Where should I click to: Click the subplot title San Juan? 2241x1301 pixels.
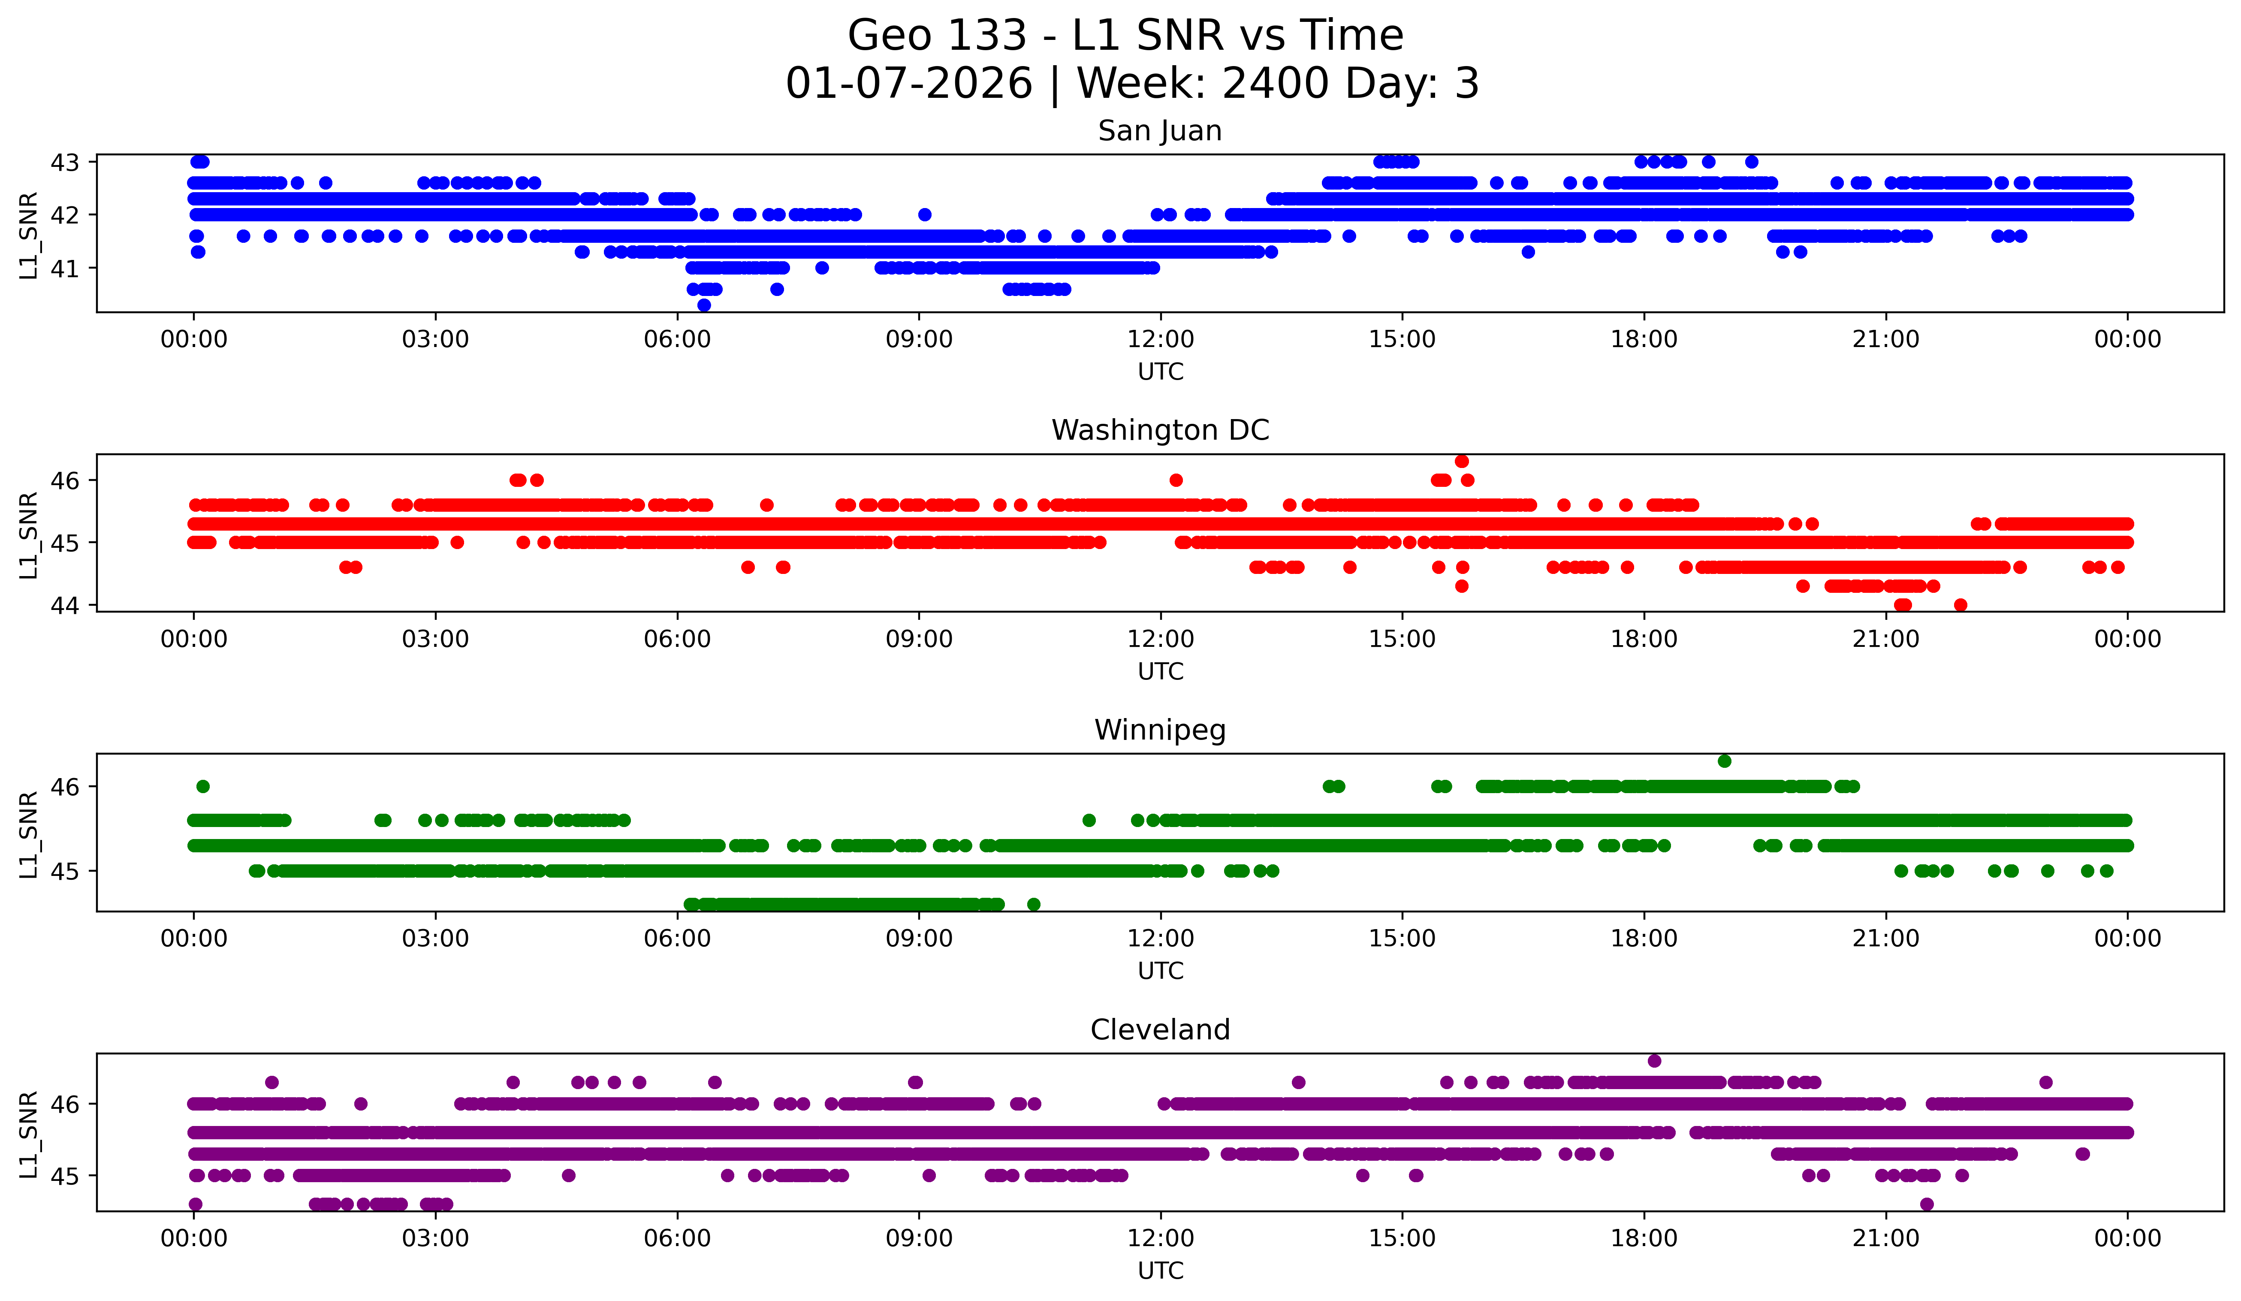pyautogui.click(x=1160, y=131)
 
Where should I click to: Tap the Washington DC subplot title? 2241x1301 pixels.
pyautogui.click(x=1160, y=430)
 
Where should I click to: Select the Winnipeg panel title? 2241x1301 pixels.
pyautogui.click(x=1160, y=730)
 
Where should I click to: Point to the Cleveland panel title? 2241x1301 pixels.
pyautogui.click(x=1160, y=1030)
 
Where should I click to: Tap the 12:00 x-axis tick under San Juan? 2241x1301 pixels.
pyautogui.click(x=1161, y=340)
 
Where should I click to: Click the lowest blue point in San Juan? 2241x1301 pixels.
pyautogui.click(x=704, y=305)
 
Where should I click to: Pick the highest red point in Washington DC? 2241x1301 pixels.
pyautogui.click(x=1461, y=462)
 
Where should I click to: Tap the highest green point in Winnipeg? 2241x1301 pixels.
pyautogui.click(x=1724, y=761)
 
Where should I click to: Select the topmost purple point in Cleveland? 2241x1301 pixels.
pyautogui.click(x=1654, y=1061)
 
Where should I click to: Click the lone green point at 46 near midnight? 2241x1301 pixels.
pyautogui.click(x=203, y=786)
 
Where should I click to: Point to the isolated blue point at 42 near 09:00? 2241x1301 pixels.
pyautogui.click(x=925, y=214)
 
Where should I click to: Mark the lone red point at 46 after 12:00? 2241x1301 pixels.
pyautogui.click(x=1176, y=480)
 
